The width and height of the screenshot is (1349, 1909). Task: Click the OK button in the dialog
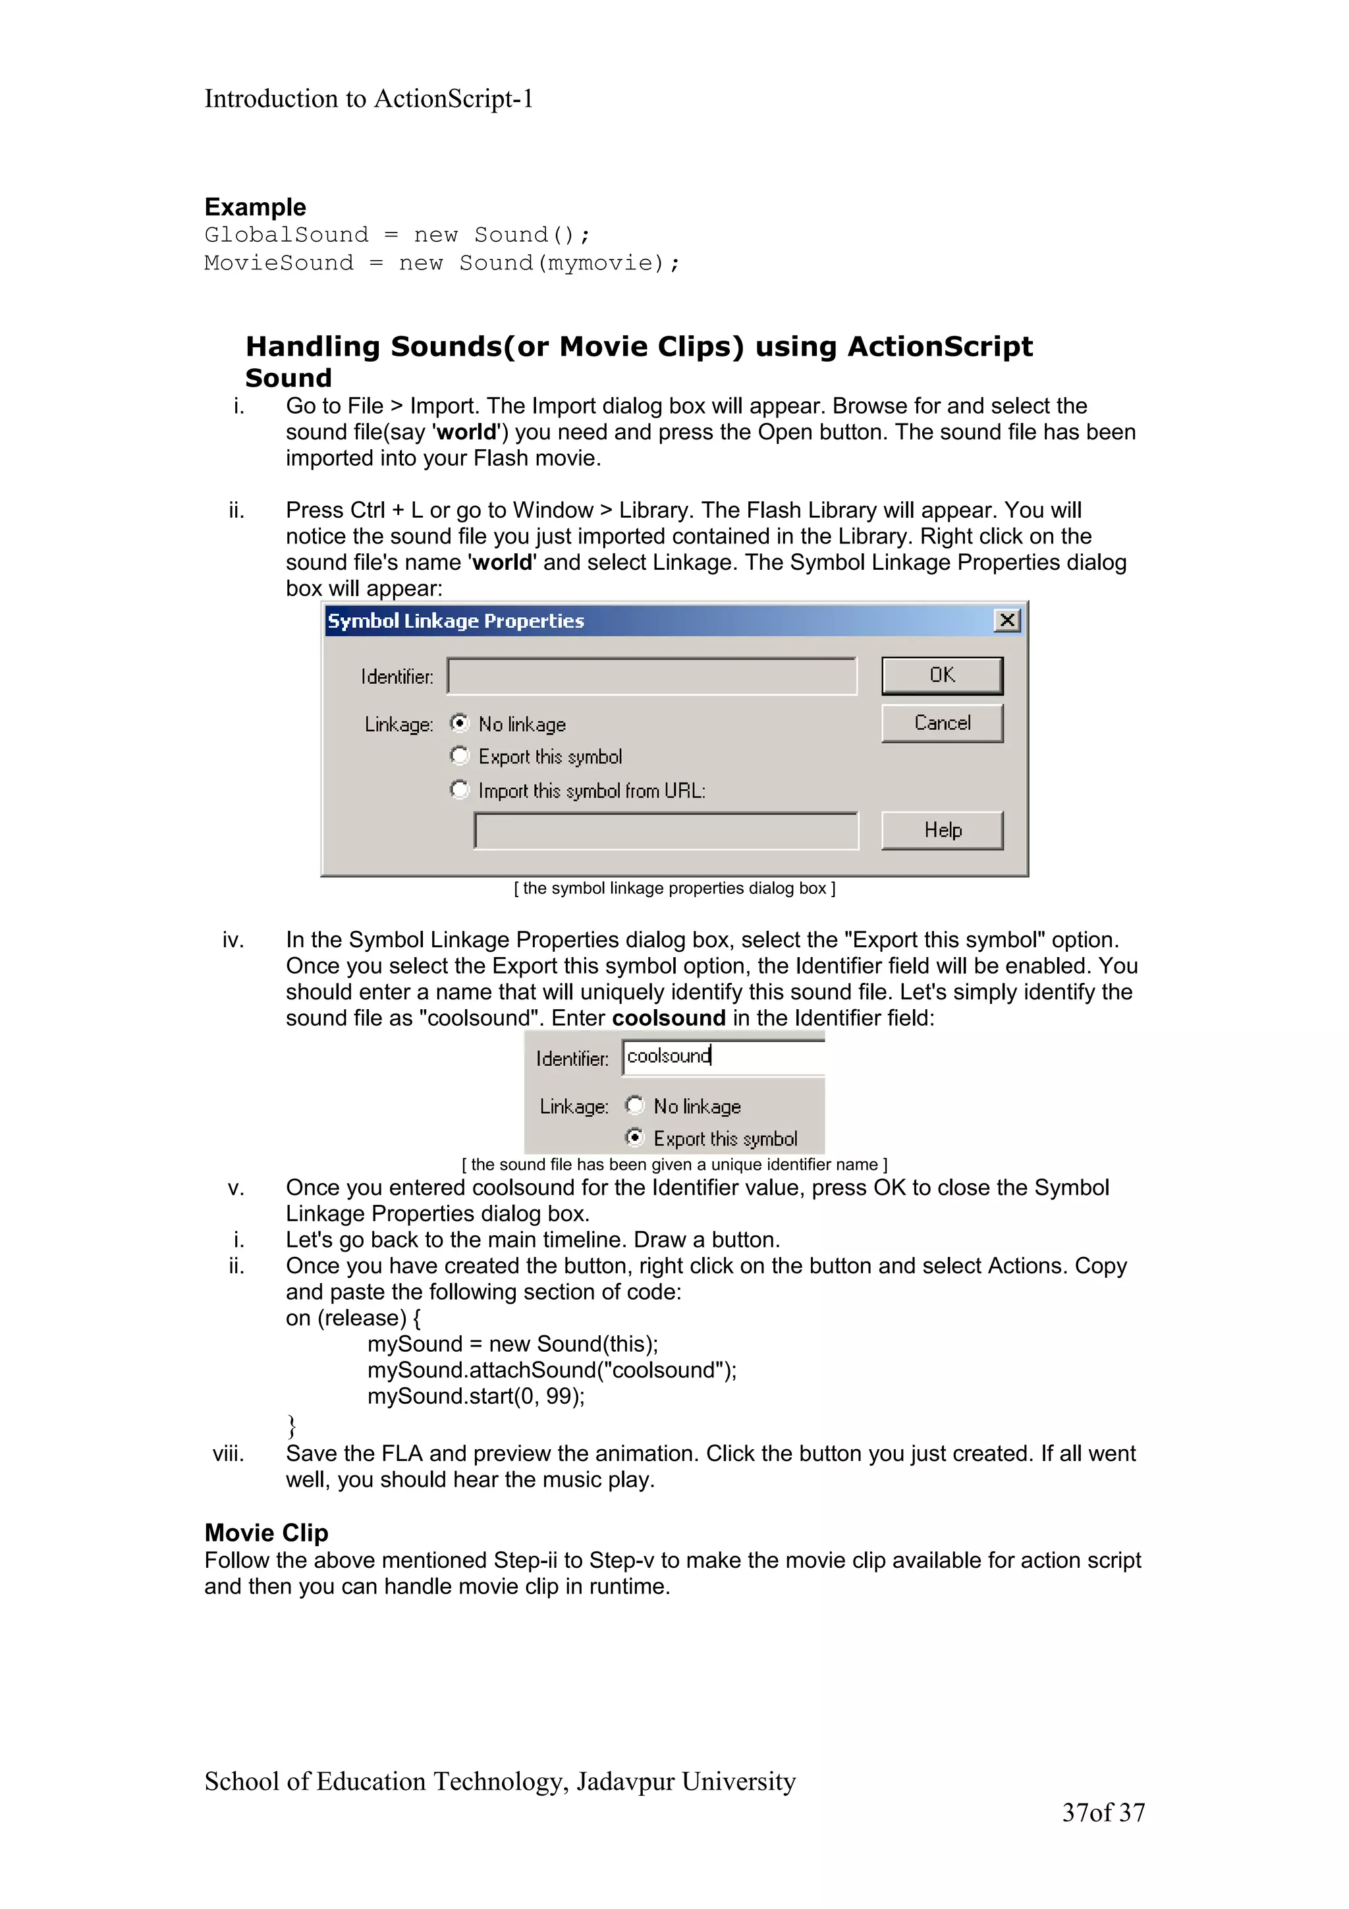pyautogui.click(x=942, y=675)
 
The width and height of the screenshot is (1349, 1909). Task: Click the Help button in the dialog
pyautogui.click(x=942, y=830)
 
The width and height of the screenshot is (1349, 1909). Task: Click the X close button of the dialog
pyautogui.click(x=1006, y=621)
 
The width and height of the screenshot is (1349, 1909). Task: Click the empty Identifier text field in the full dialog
pyautogui.click(x=651, y=676)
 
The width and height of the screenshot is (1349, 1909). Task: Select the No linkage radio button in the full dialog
pyautogui.click(x=460, y=723)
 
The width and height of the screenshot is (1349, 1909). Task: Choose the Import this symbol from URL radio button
pyautogui.click(x=460, y=788)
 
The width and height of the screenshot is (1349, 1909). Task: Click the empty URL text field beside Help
pyautogui.click(x=666, y=831)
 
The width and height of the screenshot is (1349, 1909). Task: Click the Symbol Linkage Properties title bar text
pyautogui.click(x=455, y=621)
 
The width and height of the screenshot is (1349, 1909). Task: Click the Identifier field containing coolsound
pyautogui.click(x=723, y=1057)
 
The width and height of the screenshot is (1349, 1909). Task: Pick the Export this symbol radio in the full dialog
pyautogui.click(x=460, y=755)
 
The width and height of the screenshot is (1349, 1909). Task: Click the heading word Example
pyautogui.click(x=255, y=207)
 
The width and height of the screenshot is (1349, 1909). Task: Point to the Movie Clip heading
pyautogui.click(x=266, y=1532)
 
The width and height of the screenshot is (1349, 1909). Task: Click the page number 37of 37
pyautogui.click(x=1103, y=1813)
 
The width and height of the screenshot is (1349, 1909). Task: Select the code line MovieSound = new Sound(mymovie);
pyautogui.click(x=441, y=263)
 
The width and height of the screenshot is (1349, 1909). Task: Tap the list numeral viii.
pyautogui.click(x=228, y=1453)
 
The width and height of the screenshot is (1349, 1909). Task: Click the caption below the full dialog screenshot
pyautogui.click(x=674, y=889)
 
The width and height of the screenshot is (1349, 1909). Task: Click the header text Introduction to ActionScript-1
pyautogui.click(x=368, y=99)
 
